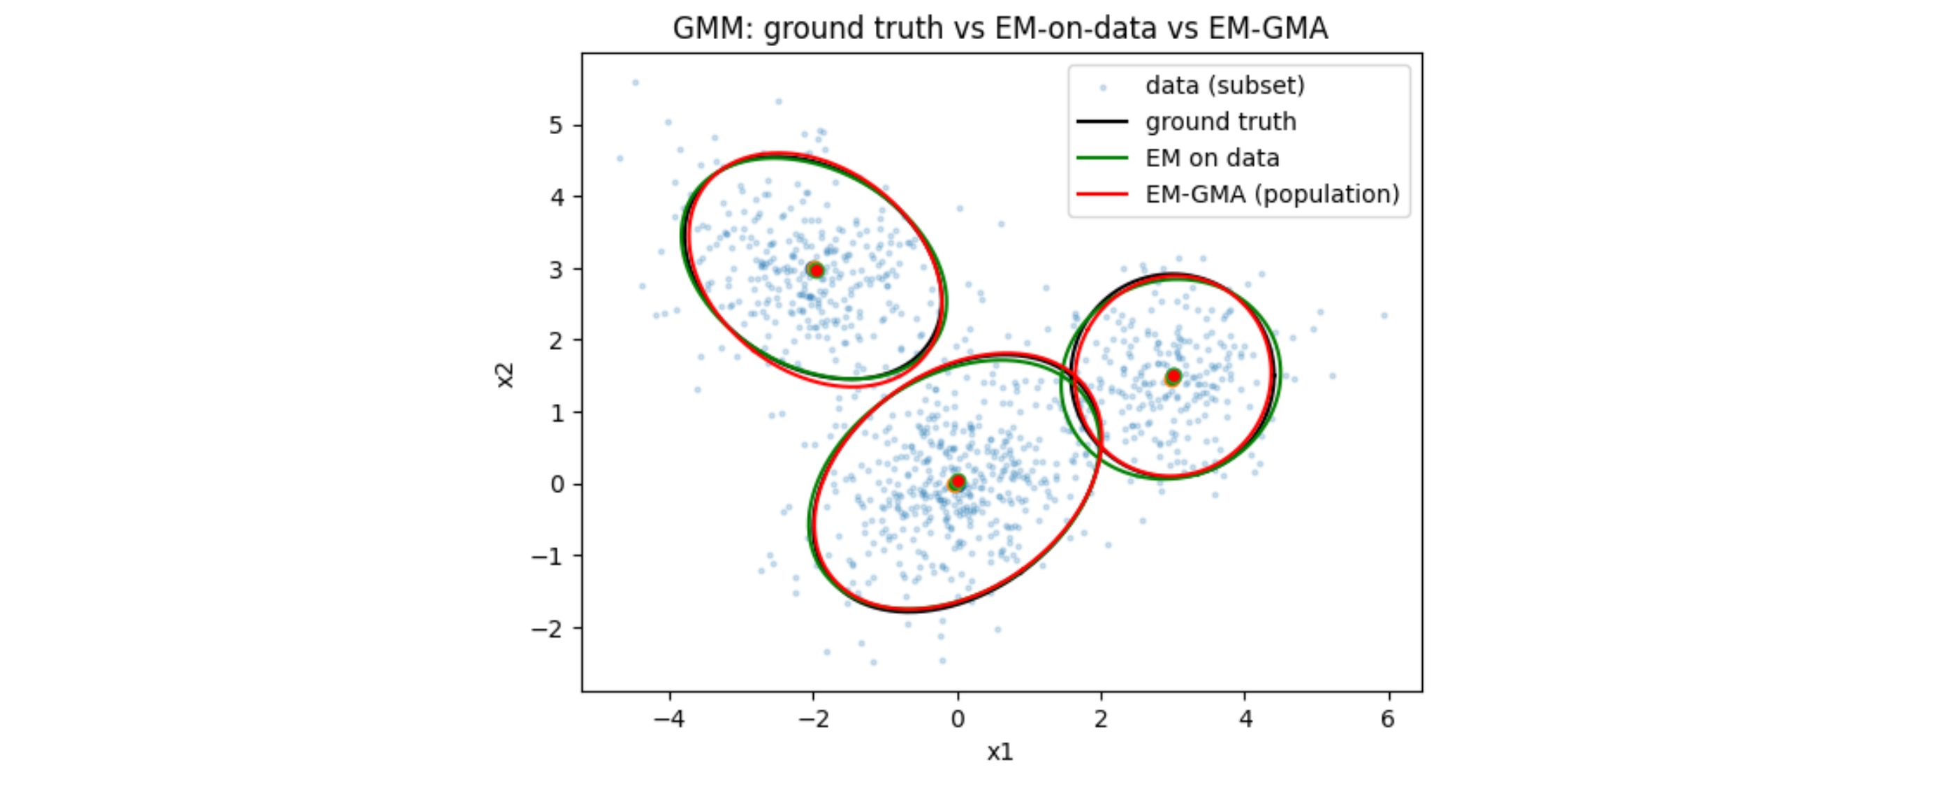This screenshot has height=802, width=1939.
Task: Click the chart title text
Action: (1000, 29)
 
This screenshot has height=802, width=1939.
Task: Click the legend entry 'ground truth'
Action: (1220, 122)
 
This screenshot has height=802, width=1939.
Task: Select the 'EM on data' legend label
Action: (1212, 157)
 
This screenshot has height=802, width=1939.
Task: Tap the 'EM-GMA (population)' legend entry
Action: (1272, 194)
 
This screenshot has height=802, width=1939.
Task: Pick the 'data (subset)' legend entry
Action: (1224, 85)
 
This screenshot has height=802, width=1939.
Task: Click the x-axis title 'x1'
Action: (1000, 752)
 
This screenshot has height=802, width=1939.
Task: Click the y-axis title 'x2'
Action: (505, 375)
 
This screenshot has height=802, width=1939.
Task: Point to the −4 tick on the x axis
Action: (668, 719)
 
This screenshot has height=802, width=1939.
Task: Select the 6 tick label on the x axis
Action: (1388, 719)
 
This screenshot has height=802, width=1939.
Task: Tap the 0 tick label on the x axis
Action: (957, 719)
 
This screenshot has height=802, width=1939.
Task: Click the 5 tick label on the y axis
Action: (556, 125)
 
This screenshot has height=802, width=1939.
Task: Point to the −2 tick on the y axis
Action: (548, 628)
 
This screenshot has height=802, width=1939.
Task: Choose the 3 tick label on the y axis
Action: (556, 269)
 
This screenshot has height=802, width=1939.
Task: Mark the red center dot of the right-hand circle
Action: (1173, 376)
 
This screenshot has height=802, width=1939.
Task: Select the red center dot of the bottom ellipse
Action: (958, 481)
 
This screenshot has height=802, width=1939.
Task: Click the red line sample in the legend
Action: (1102, 194)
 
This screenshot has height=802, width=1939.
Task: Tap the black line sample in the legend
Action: (1102, 122)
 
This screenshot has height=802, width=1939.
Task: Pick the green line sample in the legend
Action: (1102, 157)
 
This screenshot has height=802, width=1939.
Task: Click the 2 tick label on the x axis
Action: (1101, 719)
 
